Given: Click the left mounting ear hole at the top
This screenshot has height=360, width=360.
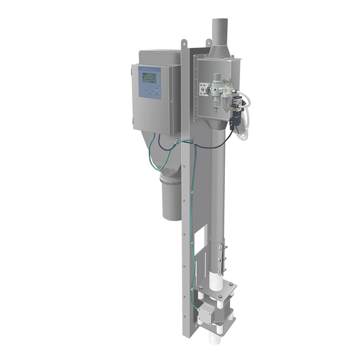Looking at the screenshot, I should pyautogui.click(x=184, y=43).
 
